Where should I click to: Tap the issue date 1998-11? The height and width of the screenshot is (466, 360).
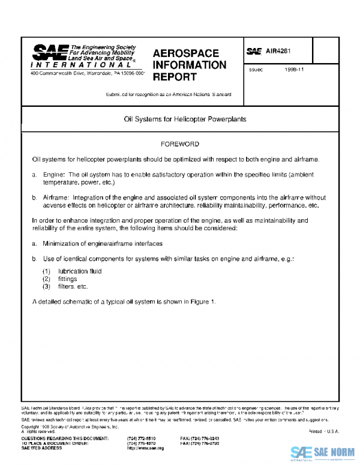pos(295,70)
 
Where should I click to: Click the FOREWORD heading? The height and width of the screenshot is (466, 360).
pos(180,145)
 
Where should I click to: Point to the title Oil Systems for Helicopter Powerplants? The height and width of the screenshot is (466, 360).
pos(181,120)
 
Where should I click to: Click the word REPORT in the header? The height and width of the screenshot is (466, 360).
pos(175,77)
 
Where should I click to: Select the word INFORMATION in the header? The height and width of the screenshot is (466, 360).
pos(190,65)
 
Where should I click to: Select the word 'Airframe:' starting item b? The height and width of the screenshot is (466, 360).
pos(56,197)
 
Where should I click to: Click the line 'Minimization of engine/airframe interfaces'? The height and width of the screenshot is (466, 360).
pos(103,244)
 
